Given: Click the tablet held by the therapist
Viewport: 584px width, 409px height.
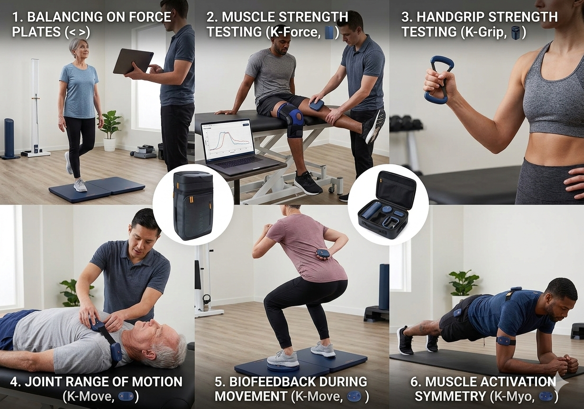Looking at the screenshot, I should (133, 61).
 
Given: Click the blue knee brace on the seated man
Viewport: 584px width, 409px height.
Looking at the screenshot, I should (290, 121).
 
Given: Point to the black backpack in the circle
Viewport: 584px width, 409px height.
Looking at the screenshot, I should (192, 205).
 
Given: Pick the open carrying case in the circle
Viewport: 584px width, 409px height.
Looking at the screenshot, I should (388, 205).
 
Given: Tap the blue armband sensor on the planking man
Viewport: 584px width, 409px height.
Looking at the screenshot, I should (505, 340).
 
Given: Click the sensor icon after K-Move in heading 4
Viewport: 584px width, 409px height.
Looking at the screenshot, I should (125, 396).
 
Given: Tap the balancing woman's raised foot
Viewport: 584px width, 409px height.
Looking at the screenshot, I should (69, 163).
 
